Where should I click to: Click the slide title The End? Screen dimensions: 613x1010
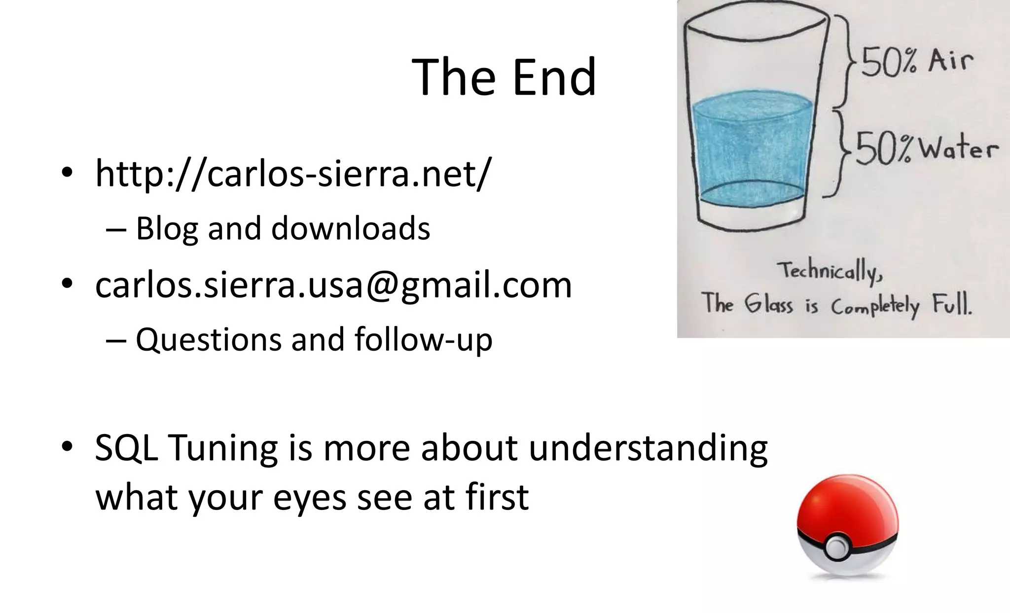point(504,77)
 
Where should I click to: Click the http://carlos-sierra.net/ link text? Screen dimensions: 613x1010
point(293,174)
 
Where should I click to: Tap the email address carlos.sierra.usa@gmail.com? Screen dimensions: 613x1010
point(333,285)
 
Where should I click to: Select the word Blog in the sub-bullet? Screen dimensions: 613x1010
point(167,229)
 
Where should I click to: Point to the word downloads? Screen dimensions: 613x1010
point(351,229)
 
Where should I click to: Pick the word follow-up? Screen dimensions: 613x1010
point(423,340)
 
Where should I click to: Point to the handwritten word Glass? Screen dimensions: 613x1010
point(768,304)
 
